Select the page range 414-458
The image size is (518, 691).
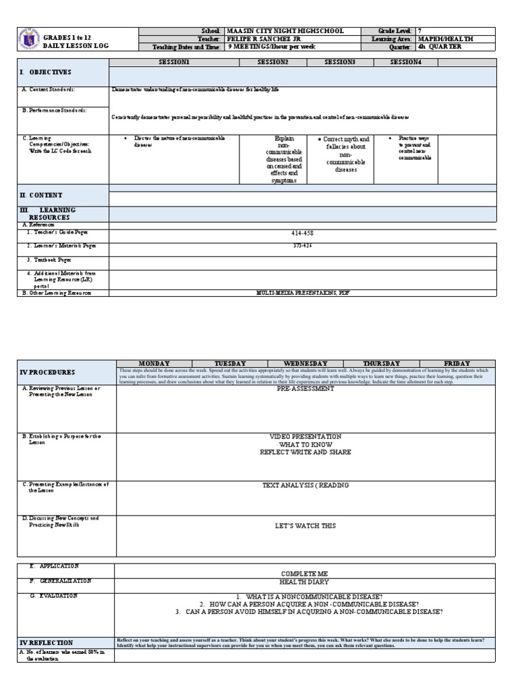tap(302, 233)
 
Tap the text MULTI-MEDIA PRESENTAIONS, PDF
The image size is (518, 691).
tap(302, 294)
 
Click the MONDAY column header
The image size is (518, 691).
tap(154, 364)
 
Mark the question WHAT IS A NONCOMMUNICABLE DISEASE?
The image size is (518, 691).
tap(306, 597)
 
